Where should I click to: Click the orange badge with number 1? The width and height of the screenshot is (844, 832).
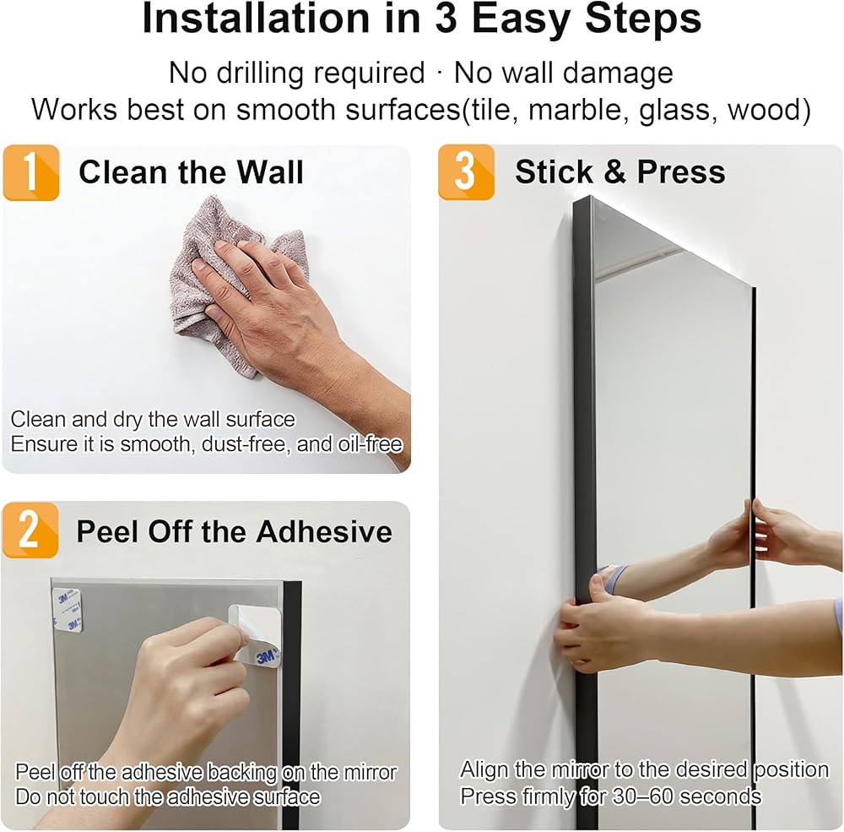point(31,172)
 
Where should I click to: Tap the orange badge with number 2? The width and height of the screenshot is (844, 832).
point(30,530)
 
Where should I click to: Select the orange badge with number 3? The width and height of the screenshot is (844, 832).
point(466,172)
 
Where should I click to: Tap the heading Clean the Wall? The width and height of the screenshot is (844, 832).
point(191,172)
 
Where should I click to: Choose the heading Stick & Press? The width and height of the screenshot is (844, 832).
point(620,172)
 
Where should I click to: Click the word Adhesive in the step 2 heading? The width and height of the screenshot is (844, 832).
point(324,531)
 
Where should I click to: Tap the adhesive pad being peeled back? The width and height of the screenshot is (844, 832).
point(255,636)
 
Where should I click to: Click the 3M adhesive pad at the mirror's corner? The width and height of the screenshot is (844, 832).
point(68,610)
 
